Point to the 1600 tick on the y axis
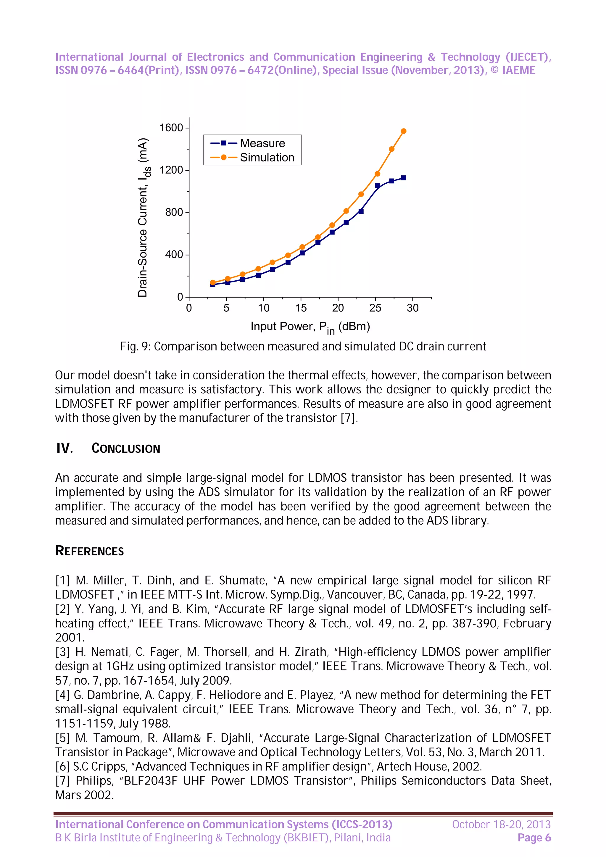[171, 128]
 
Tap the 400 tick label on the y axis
[174, 255]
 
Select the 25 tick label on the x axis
[375, 308]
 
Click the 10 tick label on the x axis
[263, 308]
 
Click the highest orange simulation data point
[403, 131]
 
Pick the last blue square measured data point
[403, 178]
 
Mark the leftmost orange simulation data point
[213, 282]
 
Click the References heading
[90, 551]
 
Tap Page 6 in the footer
[534, 838]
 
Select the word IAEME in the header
[519, 70]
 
